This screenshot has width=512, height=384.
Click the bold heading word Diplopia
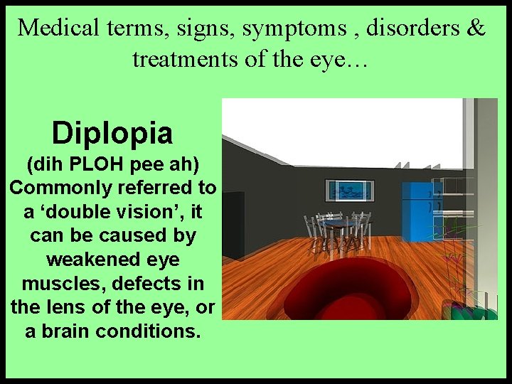click(x=112, y=132)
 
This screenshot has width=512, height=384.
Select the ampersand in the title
click(x=476, y=28)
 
